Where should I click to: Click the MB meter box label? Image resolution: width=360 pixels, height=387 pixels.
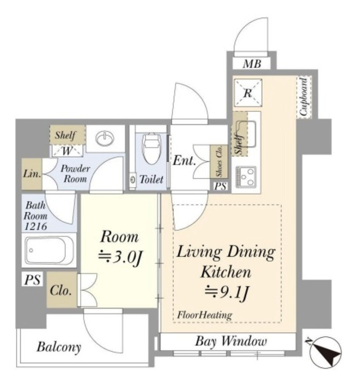click(252, 64)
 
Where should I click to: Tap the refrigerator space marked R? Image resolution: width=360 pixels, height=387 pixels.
click(248, 93)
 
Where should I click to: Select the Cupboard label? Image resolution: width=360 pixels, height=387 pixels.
click(303, 97)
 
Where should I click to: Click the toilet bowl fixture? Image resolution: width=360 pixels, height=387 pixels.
click(152, 148)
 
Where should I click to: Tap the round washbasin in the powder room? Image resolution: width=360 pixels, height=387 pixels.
click(105, 138)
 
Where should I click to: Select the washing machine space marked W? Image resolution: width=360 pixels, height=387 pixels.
click(67, 151)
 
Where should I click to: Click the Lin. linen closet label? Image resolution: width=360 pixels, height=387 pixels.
click(32, 173)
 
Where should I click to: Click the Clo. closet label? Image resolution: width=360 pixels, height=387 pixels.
click(61, 291)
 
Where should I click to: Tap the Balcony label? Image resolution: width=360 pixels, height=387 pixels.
click(59, 347)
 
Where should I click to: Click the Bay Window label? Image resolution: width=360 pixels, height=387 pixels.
click(231, 341)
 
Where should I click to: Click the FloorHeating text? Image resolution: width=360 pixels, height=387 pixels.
click(204, 315)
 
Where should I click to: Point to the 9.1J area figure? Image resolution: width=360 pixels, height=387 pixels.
click(226, 292)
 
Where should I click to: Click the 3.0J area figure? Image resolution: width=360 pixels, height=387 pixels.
click(120, 257)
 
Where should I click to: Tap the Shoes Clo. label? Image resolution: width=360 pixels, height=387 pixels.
click(219, 161)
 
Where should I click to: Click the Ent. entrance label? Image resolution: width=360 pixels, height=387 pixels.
click(184, 161)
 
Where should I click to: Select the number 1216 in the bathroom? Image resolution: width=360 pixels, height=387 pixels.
click(36, 226)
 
